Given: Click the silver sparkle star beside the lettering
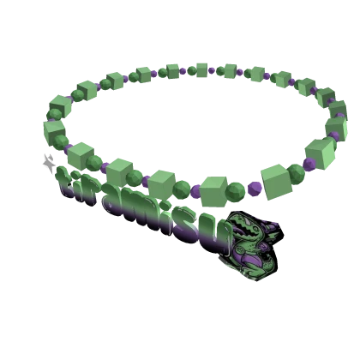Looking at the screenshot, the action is click(x=49, y=164).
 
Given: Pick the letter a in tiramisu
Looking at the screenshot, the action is click(x=116, y=200).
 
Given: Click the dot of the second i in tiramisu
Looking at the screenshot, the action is click(x=165, y=205).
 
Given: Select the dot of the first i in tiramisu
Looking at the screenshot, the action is click(x=75, y=175).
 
